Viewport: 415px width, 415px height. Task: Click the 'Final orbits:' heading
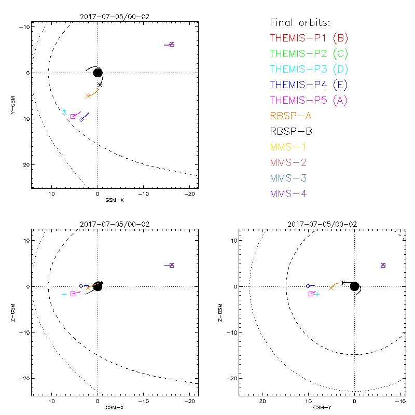tap(300, 22)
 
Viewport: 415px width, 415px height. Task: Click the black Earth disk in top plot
tap(98, 72)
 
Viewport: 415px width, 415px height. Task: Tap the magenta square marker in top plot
tap(73, 116)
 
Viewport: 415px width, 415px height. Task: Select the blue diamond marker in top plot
tap(81, 119)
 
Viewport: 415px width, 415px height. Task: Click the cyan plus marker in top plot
tap(64, 110)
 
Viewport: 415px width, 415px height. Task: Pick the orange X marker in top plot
tap(88, 96)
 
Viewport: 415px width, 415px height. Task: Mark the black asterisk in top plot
tap(100, 85)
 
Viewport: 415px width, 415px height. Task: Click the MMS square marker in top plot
tap(172, 45)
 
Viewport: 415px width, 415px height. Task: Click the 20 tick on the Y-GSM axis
tap(24, 165)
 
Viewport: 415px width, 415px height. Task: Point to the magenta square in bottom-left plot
tap(73, 294)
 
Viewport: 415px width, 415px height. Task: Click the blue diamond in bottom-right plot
tap(308, 286)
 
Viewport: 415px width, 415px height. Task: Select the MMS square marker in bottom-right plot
tap(383, 265)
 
